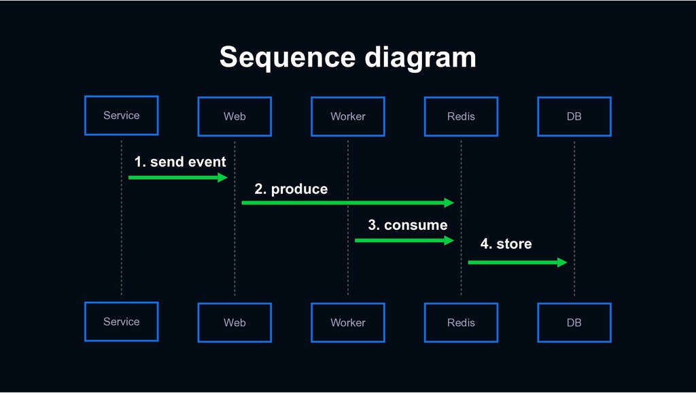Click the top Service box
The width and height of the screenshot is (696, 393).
(122, 116)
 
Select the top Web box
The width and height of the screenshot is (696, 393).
(234, 116)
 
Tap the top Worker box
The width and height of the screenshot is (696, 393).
(348, 116)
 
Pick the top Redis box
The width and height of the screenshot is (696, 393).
(462, 116)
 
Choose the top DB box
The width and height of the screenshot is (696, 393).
(574, 116)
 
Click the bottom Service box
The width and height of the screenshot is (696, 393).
(122, 322)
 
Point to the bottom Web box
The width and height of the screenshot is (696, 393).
(234, 323)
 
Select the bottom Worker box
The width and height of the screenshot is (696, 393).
(348, 323)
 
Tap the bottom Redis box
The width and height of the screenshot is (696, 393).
(462, 323)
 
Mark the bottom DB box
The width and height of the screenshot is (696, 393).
(574, 323)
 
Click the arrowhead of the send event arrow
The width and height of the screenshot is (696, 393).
(223, 177)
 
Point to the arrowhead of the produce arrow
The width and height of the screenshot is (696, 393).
(449, 203)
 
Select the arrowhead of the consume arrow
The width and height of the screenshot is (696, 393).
(449, 241)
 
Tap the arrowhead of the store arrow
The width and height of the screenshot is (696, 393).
(562, 262)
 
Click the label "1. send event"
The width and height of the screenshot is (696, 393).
(180, 162)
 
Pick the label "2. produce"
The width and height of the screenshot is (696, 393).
(291, 189)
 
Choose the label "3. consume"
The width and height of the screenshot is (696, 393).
(408, 225)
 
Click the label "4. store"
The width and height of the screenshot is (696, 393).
(506, 244)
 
